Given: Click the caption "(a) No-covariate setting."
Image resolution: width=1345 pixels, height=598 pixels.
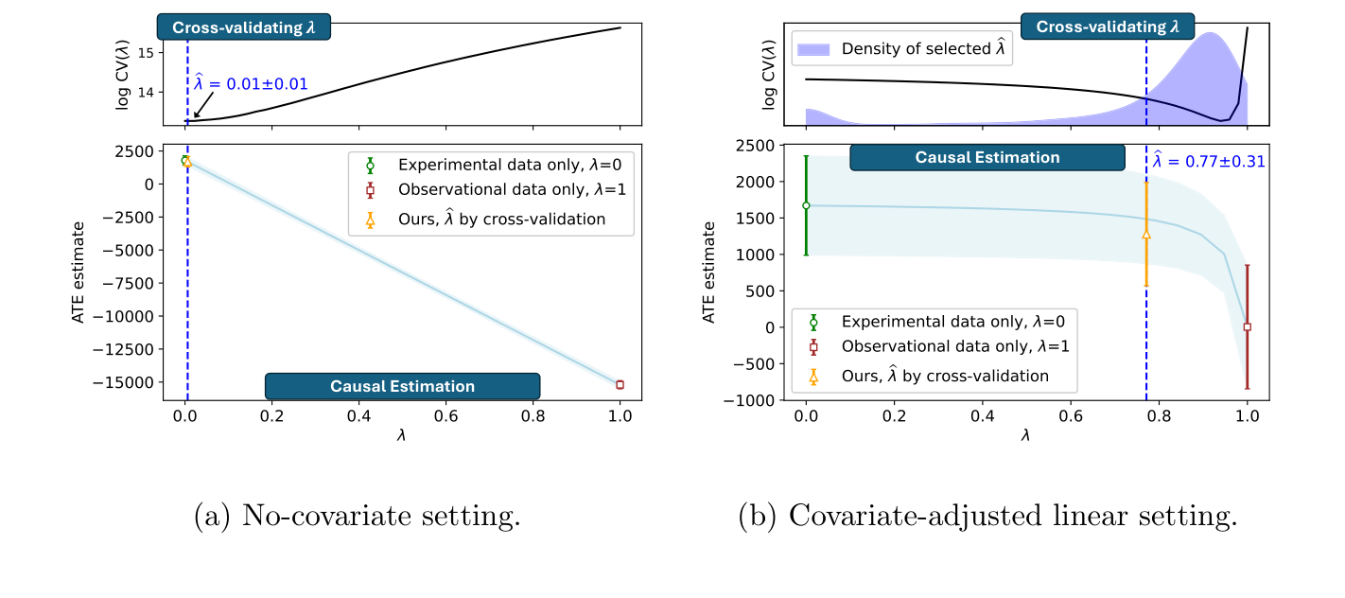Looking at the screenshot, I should coord(357,517).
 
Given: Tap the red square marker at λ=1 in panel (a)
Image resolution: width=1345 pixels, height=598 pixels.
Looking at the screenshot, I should coord(620,384).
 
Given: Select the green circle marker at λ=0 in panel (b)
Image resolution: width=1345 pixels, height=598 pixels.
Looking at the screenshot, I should coord(806,205).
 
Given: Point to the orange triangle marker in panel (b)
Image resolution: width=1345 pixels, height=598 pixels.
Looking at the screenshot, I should coord(1146,234).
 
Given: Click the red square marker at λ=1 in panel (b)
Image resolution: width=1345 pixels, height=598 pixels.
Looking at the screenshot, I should coord(1247,326).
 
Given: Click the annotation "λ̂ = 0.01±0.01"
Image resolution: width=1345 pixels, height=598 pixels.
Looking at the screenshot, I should coord(251,84).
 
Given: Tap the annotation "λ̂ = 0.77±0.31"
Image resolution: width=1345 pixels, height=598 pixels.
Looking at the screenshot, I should coord(1208,162).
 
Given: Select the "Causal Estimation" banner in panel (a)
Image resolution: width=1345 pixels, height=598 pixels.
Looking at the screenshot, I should coord(402,386).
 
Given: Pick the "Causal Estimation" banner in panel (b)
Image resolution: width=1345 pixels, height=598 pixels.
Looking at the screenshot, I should coord(987,157).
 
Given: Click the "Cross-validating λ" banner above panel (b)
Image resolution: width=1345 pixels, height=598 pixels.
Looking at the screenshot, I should coord(1107,26).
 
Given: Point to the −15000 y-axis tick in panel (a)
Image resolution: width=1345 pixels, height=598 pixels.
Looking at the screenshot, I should coord(131,382).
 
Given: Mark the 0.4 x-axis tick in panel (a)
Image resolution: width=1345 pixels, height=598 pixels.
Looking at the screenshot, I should coord(358,413).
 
